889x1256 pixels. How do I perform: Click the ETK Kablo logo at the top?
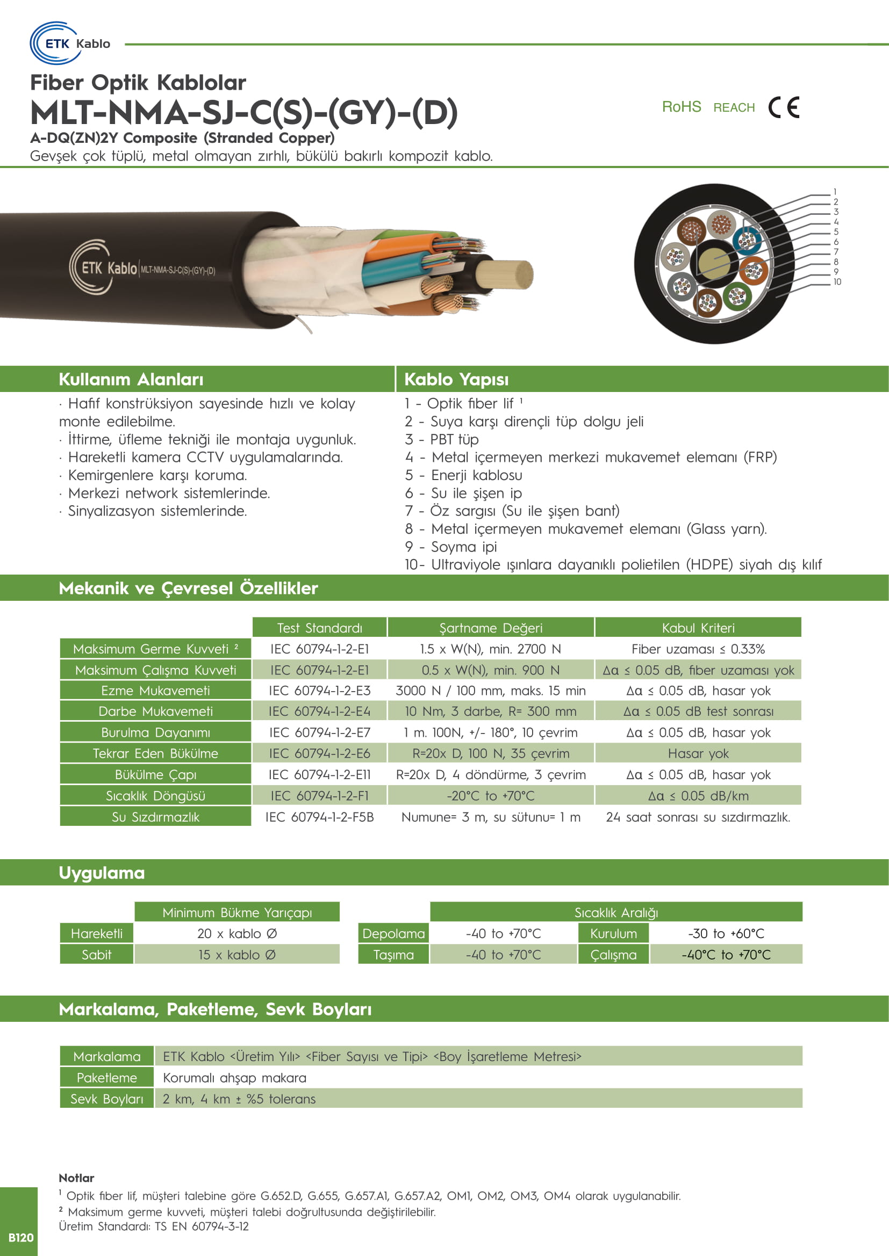pos(70,43)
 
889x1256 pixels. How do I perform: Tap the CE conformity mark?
pos(783,107)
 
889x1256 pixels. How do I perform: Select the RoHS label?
pos(681,107)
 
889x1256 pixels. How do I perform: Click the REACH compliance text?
pos(734,108)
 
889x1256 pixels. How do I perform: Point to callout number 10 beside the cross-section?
pos(837,282)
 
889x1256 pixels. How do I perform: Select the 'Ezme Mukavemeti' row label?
pos(155,691)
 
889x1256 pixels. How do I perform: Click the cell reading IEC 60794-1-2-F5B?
pos(319,817)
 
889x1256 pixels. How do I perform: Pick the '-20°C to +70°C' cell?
pos(491,796)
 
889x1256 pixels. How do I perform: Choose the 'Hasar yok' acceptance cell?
pos(698,754)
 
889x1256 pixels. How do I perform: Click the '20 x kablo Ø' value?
pos(237,934)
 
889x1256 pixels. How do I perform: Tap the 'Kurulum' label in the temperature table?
pos(613,934)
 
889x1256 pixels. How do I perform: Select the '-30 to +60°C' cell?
pos(726,934)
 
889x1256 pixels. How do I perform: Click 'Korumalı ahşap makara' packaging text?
pos(234,1078)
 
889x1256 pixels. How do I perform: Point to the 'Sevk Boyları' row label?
pos(107,1099)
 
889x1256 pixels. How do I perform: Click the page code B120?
pos(21,1237)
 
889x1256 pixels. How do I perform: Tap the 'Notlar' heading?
pos(76,1178)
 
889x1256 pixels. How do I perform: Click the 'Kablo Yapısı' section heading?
pos(456,379)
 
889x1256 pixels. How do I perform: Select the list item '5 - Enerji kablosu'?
pos(463,475)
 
